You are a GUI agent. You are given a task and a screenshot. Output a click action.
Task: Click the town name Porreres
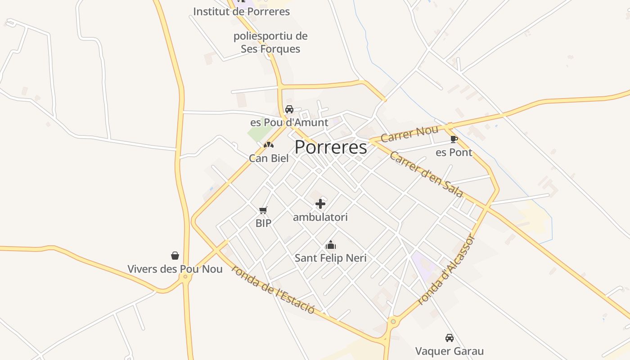pyautogui.click(x=331, y=148)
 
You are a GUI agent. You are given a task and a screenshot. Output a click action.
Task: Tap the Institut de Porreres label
pyautogui.click(x=241, y=11)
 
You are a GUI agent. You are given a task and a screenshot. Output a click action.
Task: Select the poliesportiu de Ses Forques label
pyautogui.click(x=270, y=42)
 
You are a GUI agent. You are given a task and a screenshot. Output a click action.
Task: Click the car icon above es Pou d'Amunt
pyautogui.click(x=289, y=109)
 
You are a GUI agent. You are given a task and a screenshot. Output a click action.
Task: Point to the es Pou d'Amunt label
pyautogui.click(x=289, y=122)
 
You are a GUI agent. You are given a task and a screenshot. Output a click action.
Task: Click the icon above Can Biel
pyautogui.click(x=269, y=145)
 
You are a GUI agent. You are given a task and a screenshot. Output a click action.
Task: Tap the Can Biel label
pyautogui.click(x=269, y=158)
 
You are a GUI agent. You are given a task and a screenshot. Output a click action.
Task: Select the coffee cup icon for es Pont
pyautogui.click(x=454, y=139)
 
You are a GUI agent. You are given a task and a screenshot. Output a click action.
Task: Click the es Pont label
pyautogui.click(x=454, y=153)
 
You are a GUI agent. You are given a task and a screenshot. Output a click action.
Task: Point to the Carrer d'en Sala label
pyautogui.click(x=426, y=174)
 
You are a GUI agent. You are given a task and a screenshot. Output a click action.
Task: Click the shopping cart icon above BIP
pyautogui.click(x=263, y=210)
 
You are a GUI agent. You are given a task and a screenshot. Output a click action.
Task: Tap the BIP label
pyautogui.click(x=263, y=223)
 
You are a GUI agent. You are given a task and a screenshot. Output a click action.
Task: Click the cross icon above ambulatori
pyautogui.click(x=320, y=204)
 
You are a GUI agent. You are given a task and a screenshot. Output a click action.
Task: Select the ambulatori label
pyautogui.click(x=320, y=217)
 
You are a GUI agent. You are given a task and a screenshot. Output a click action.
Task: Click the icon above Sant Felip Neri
pyautogui.click(x=331, y=245)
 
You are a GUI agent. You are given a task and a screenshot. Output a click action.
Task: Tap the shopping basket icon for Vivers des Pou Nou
pyautogui.click(x=175, y=256)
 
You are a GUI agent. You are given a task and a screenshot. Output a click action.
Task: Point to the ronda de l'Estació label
pyautogui.click(x=273, y=289)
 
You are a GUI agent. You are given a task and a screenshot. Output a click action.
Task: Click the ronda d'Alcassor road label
pyautogui.click(x=446, y=270)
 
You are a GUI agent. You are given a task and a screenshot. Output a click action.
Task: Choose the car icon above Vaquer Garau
pyautogui.click(x=449, y=338)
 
